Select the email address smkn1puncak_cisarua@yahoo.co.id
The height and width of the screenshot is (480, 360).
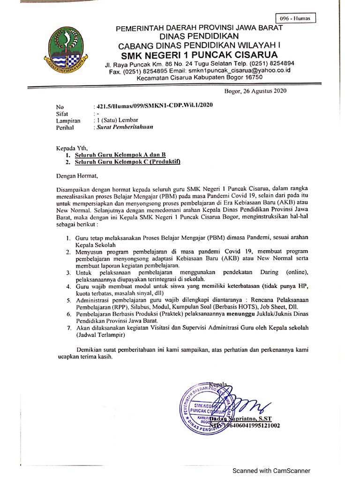[x=249, y=70]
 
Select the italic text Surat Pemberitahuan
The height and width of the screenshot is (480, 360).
[x=125, y=127]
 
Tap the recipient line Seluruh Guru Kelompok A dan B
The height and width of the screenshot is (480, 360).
[x=120, y=154]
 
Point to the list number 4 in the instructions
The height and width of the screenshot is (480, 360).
[x=68, y=286]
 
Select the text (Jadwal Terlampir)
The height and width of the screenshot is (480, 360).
[x=101, y=336]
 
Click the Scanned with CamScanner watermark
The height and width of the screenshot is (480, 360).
[x=269, y=471]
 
